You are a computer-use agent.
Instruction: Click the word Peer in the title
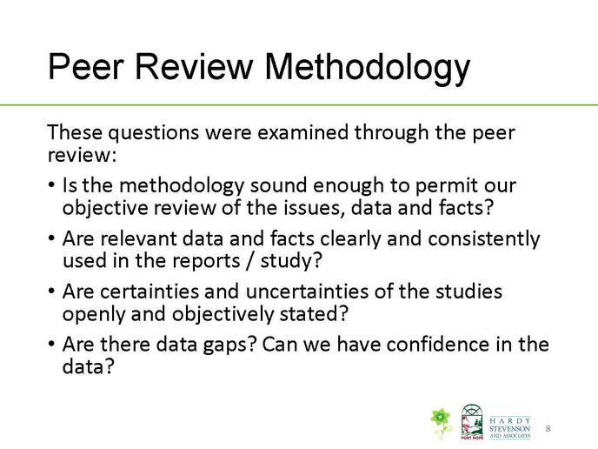pyautogui.click(x=86, y=66)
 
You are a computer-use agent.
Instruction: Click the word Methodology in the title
pyautogui.click(x=368, y=69)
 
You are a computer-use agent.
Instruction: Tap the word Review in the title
pyautogui.click(x=195, y=66)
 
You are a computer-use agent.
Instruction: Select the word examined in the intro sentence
pyautogui.click(x=302, y=132)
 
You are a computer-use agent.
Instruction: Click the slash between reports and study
pyautogui.click(x=250, y=262)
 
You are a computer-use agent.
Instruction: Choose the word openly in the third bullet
pyautogui.click(x=94, y=315)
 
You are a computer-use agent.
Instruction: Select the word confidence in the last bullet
pyautogui.click(x=438, y=345)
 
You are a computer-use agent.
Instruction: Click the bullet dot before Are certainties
pyautogui.click(x=52, y=292)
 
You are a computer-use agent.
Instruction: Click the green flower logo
pyautogui.click(x=442, y=422)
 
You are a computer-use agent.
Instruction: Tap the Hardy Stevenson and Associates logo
pyautogui.click(x=510, y=427)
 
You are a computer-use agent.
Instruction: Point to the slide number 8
pyautogui.click(x=548, y=428)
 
